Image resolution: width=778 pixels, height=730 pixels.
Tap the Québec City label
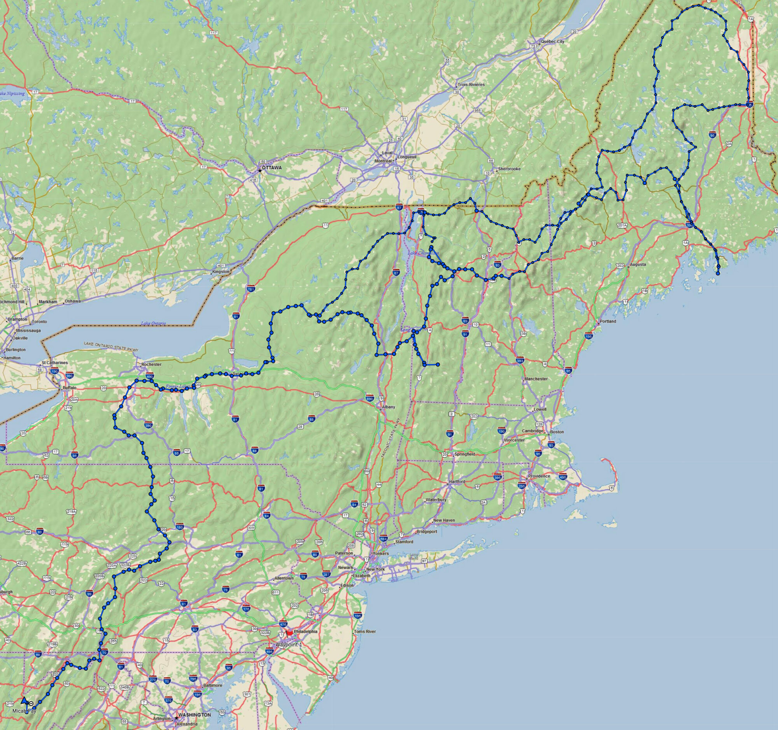click(x=552, y=41)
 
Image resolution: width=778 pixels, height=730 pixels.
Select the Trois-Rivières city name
click(x=471, y=84)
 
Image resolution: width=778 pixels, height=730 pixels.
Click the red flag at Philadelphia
click(x=289, y=633)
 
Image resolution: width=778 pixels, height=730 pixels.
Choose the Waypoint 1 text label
click(x=289, y=644)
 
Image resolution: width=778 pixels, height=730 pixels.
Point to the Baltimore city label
click(x=213, y=685)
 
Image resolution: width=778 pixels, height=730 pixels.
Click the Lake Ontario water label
click(x=153, y=323)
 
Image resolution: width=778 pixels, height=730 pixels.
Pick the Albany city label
click(x=389, y=407)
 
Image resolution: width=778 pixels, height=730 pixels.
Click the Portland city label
click(x=608, y=321)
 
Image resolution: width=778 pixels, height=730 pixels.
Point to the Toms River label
click(x=364, y=632)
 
